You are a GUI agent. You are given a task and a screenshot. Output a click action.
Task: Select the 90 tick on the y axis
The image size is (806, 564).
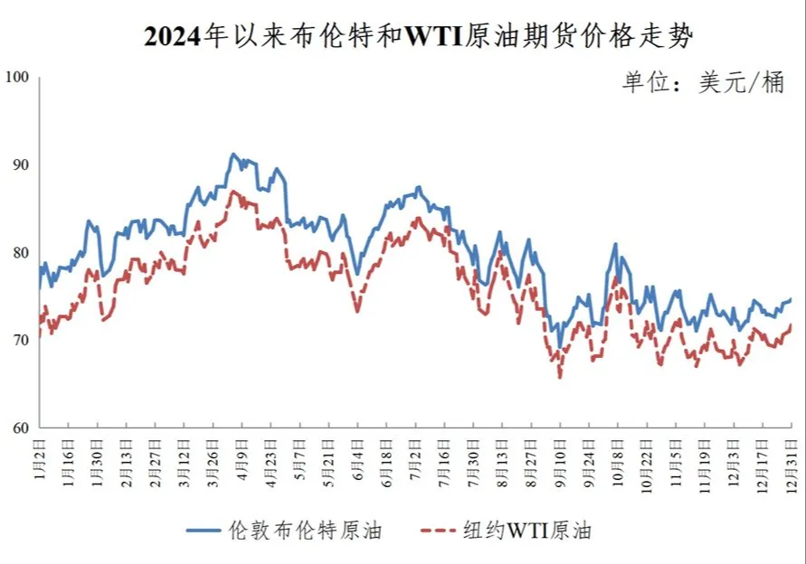[x=21, y=165]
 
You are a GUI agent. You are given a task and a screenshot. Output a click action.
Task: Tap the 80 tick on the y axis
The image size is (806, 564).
[x=21, y=253]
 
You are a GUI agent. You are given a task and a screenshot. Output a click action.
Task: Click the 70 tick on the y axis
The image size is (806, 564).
[x=21, y=341]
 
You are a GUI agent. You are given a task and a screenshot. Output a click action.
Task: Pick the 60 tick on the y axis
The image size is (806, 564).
[x=21, y=428]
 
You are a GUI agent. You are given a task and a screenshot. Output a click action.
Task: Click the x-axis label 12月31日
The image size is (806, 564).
[x=792, y=460]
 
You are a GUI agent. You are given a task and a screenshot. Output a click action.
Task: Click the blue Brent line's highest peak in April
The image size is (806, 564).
[x=232, y=155]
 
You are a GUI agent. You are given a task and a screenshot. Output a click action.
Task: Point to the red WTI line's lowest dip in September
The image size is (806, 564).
[x=560, y=377]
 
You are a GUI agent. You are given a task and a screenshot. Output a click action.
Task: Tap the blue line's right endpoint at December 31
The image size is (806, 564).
[x=792, y=299]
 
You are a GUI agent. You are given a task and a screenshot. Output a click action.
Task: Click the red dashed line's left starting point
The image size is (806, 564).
[x=40, y=336]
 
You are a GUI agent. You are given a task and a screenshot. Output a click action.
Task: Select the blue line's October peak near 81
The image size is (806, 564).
[x=615, y=244]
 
